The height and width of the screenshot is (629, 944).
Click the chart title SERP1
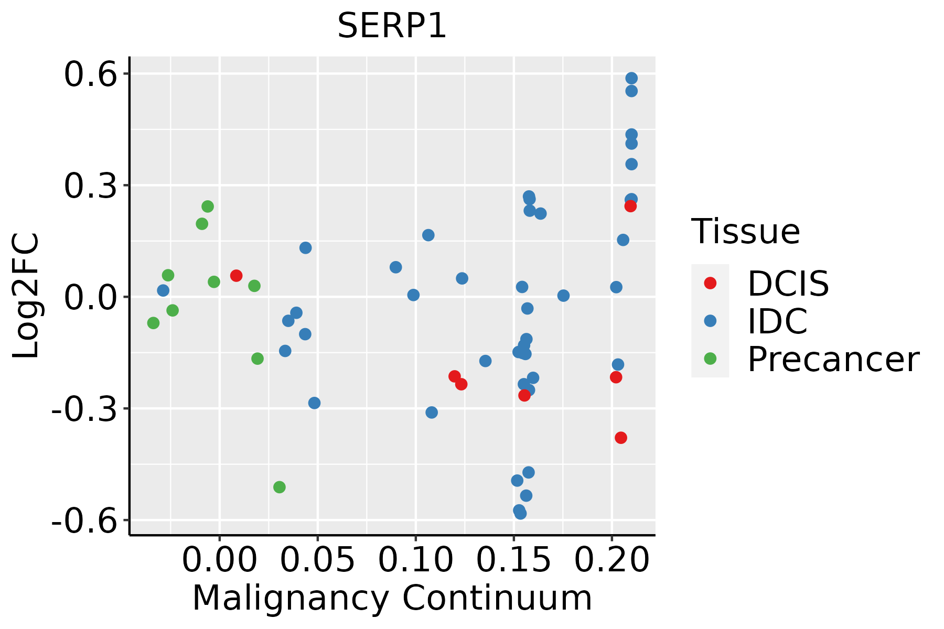click(x=392, y=26)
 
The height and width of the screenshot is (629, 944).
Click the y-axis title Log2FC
click(x=26, y=296)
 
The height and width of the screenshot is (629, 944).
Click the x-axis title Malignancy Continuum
click(x=392, y=598)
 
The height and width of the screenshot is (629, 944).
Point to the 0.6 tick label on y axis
click(x=89, y=74)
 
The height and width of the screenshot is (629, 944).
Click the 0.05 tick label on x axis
click(x=317, y=560)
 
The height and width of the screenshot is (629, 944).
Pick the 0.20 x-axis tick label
click(x=612, y=560)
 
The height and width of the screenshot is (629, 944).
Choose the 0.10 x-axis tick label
click(x=415, y=560)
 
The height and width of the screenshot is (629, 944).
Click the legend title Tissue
click(x=746, y=231)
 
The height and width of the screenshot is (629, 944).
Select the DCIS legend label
click(x=788, y=284)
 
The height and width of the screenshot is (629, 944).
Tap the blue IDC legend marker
click(x=710, y=321)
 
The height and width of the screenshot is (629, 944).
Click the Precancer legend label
click(x=833, y=359)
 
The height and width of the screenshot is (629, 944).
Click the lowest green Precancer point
click(x=280, y=487)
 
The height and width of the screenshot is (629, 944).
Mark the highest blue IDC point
click(x=631, y=78)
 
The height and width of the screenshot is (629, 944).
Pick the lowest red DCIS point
click(x=621, y=438)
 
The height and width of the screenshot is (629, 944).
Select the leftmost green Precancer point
click(x=153, y=323)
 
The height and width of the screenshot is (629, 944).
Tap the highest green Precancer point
click(x=208, y=207)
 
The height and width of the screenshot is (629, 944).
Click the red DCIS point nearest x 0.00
click(x=236, y=276)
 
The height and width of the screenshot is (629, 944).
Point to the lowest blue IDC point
click(x=520, y=513)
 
